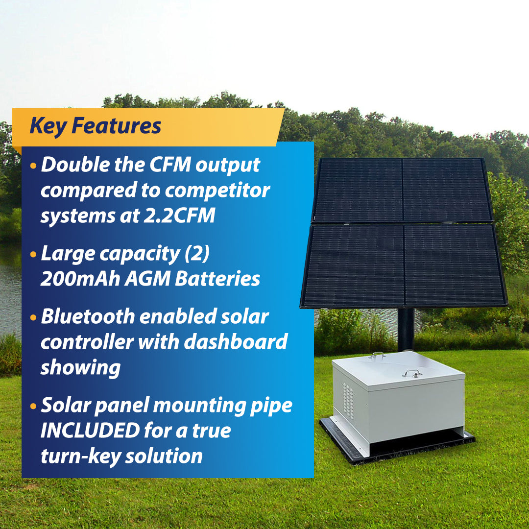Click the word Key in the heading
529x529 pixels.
[x=48, y=126]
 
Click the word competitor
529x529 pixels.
[x=217, y=190]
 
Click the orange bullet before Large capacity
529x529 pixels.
[x=33, y=254]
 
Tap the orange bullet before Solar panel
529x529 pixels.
[x=33, y=406]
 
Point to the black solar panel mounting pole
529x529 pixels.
[x=406, y=328]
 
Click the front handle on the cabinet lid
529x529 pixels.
[x=412, y=373]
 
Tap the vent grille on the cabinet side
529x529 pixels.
[x=347, y=400]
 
